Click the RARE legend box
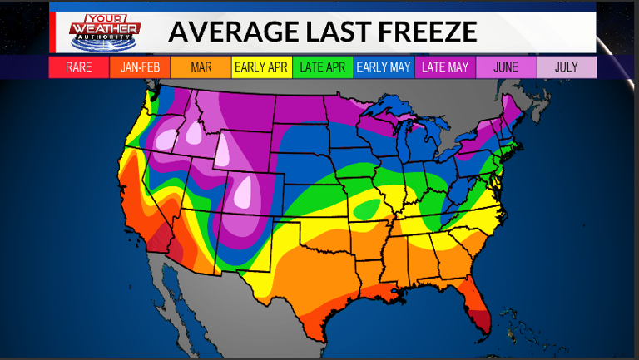coord(79,67)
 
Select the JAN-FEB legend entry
coord(140,67)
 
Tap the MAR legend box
coord(201,67)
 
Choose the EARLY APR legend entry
coord(261,67)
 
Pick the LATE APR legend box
coord(323,67)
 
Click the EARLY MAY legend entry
coord(384,67)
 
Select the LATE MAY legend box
coord(445,67)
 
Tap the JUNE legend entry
coord(506,67)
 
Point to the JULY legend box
coord(567,67)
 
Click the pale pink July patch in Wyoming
coord(225,150)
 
